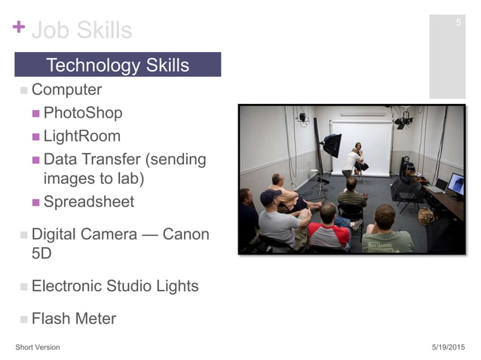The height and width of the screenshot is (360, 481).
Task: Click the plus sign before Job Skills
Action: pos(19,28)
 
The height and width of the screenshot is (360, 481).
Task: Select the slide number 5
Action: pos(458,23)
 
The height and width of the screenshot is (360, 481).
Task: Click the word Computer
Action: pos(66,90)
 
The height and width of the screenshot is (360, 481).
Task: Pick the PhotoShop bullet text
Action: pos(82,113)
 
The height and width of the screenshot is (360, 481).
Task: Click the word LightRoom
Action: pos(81,136)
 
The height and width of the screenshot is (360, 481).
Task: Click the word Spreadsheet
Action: pos(88,202)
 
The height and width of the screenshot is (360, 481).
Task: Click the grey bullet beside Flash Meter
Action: pos(23,319)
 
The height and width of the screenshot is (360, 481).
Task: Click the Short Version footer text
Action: pos(38,347)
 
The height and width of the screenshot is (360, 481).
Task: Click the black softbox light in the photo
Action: pos(332,143)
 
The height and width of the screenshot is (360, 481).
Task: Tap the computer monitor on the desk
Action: pos(455,183)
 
